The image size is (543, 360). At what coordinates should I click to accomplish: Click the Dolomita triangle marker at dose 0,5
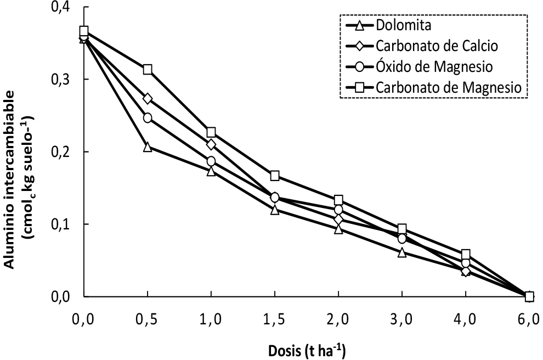click(x=148, y=147)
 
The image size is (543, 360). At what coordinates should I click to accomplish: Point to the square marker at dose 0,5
click(x=148, y=70)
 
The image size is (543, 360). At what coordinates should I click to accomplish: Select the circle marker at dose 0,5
click(x=148, y=118)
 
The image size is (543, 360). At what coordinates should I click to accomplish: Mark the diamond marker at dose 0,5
click(x=148, y=99)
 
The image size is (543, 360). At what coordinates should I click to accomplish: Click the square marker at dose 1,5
click(x=275, y=176)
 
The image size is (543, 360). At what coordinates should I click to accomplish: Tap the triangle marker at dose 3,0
click(x=402, y=252)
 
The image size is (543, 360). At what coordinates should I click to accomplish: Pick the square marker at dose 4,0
click(x=466, y=254)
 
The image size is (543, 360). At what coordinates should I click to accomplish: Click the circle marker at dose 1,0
click(x=211, y=161)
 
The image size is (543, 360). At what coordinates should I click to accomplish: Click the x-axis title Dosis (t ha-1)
click(x=307, y=349)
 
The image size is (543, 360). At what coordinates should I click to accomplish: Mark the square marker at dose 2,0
click(x=338, y=200)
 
